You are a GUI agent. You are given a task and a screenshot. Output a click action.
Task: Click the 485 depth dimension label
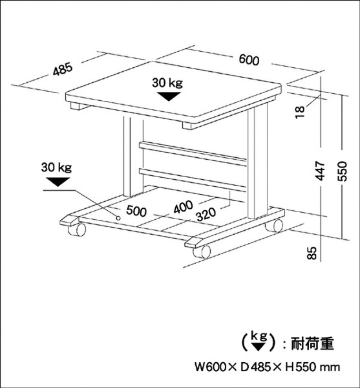(63, 69)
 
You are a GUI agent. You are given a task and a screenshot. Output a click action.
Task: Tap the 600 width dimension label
(249, 60)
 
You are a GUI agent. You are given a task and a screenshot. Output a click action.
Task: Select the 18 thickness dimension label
(300, 112)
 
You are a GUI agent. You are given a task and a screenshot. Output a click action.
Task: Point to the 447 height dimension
(321, 171)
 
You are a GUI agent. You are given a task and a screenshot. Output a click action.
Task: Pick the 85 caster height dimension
(312, 253)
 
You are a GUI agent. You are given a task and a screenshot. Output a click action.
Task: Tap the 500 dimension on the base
(136, 211)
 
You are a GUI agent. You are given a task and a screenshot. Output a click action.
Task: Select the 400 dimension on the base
(183, 207)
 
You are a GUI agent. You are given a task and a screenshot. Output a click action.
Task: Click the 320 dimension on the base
(206, 214)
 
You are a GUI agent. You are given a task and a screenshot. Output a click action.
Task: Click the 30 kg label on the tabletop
(167, 83)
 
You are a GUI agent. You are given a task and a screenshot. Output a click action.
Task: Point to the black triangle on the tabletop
(169, 96)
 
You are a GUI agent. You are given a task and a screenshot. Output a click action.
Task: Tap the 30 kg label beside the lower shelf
(56, 167)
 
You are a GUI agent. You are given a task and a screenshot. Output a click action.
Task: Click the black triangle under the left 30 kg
(58, 182)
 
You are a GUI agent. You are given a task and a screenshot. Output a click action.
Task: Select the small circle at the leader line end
(118, 218)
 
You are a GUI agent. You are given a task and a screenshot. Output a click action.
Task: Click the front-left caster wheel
(77, 230)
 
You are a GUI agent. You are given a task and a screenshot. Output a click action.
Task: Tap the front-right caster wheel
(202, 252)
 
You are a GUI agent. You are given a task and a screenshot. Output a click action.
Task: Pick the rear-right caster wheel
(274, 226)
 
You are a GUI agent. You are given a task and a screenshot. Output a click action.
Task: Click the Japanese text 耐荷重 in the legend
(312, 343)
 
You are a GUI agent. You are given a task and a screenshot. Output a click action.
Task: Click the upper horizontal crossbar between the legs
(193, 154)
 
